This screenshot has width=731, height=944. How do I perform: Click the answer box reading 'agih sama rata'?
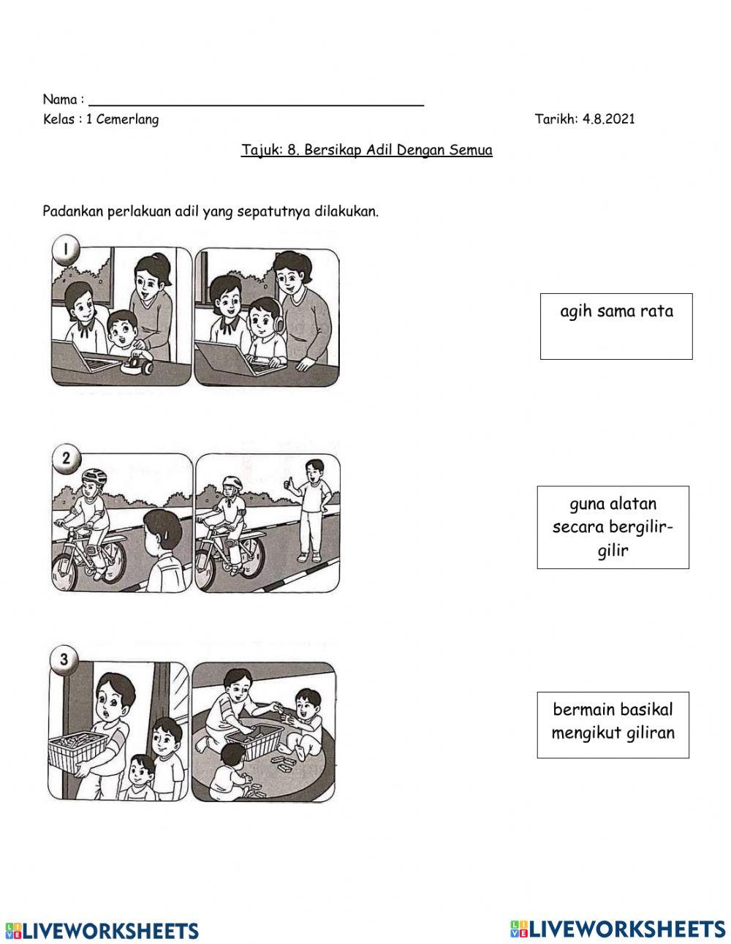point(616,326)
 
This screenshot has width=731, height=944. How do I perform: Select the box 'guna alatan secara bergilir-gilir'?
point(613,527)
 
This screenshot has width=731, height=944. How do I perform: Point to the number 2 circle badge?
point(66,458)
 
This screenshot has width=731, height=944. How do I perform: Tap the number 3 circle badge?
point(64,660)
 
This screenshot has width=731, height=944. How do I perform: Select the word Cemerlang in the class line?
point(128,120)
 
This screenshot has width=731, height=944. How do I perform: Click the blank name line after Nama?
point(256,105)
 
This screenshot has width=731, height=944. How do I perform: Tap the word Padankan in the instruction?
point(73,211)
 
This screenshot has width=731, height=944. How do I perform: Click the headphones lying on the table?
point(138,364)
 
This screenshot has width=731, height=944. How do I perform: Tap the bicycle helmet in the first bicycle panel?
point(94,477)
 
